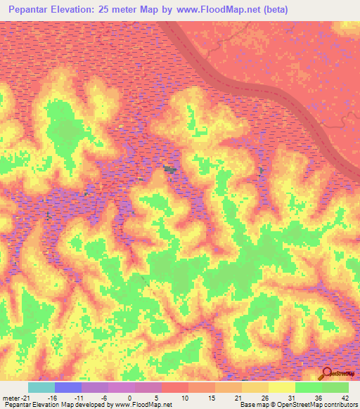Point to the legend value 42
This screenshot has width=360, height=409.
344,398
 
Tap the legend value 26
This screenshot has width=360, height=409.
264,398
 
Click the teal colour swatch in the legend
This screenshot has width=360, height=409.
41,387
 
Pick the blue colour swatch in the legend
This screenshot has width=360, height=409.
68,387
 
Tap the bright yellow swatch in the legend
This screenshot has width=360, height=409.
282,387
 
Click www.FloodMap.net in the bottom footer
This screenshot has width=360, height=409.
145,405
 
